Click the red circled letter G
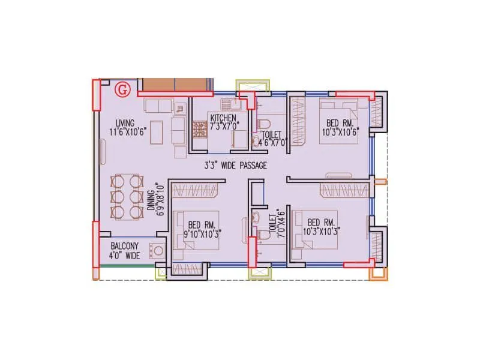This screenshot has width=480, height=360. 122,90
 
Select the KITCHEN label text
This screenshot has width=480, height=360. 223,118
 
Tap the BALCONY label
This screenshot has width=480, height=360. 125,246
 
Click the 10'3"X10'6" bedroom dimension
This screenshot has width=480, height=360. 340,131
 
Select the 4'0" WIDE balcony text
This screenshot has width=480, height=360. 125,256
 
